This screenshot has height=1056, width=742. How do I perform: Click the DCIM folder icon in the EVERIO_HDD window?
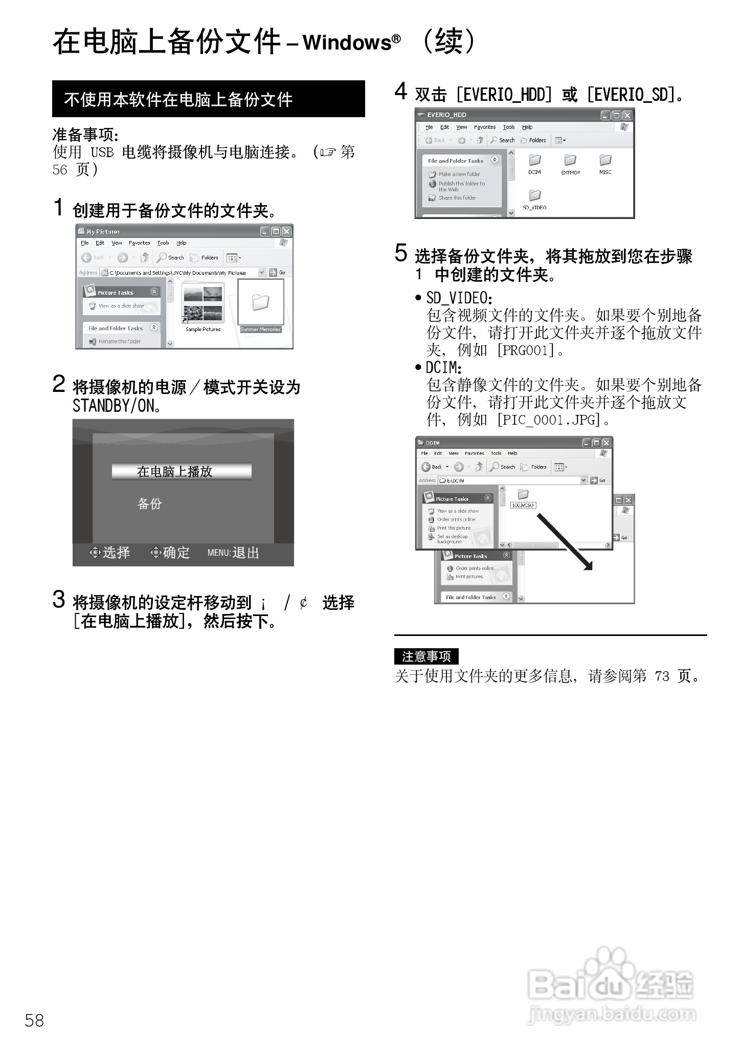[x=534, y=161]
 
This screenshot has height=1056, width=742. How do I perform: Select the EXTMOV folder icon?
[x=570, y=161]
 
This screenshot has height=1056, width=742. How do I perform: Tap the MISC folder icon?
[x=605, y=161]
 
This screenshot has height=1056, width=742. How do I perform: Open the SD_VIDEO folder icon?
[x=534, y=196]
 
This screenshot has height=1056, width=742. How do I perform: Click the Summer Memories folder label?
[x=261, y=329]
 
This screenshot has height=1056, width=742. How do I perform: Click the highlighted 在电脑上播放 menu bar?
[x=182, y=472]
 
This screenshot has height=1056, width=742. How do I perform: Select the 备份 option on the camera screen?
[x=149, y=504]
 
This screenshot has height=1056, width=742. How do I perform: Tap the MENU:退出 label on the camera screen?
[x=233, y=553]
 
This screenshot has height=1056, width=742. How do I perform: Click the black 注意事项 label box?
[x=426, y=656]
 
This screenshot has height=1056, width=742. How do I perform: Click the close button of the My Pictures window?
[x=286, y=231]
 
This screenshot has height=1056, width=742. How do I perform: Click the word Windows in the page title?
[x=347, y=42]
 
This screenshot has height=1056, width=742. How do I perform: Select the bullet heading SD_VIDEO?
[x=459, y=298]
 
